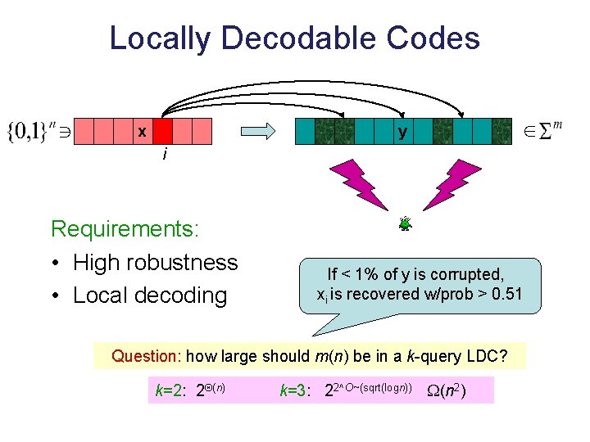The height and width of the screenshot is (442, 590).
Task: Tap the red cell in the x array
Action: (162, 131)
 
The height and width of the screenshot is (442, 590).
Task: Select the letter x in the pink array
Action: (143, 131)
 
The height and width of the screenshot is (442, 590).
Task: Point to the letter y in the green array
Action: (402, 131)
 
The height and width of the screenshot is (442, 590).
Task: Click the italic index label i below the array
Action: (166, 154)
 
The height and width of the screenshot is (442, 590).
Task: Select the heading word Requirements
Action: (125, 228)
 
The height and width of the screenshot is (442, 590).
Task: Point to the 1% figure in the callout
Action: (377, 274)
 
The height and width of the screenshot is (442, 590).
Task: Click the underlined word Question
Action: (147, 356)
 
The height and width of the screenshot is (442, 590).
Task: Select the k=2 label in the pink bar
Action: (170, 390)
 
